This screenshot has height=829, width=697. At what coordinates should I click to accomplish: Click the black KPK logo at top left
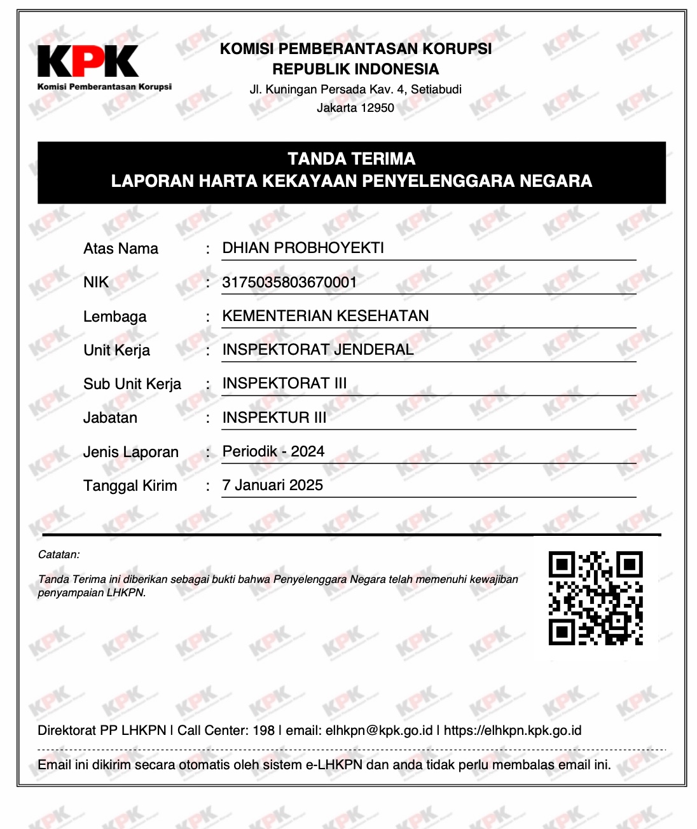(x=88, y=62)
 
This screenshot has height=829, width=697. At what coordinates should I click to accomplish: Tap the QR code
(x=595, y=598)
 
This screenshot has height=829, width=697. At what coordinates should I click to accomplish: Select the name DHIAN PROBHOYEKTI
(x=303, y=248)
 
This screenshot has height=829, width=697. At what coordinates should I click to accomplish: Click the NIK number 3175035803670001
(x=289, y=282)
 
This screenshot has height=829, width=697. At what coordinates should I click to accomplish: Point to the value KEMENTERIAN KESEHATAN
(x=325, y=316)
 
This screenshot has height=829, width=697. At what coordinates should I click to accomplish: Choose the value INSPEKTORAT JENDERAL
(x=317, y=350)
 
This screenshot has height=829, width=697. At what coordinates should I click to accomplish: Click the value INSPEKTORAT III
(x=284, y=383)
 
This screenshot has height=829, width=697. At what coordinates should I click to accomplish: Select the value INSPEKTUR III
(x=274, y=418)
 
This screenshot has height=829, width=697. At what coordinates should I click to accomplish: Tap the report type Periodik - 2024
(x=273, y=451)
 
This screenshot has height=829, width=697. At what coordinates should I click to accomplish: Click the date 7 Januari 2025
(x=272, y=485)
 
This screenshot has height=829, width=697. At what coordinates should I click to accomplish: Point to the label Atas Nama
(x=121, y=249)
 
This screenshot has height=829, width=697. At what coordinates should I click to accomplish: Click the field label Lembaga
(x=114, y=317)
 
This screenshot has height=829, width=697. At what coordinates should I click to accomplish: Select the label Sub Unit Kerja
(x=132, y=384)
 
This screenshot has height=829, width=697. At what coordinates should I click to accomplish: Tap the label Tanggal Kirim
(x=130, y=486)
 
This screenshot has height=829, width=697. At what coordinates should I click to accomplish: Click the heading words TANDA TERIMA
(x=351, y=159)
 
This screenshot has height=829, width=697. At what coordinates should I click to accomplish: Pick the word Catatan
(x=59, y=554)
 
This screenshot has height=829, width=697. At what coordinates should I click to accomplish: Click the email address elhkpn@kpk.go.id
(x=379, y=730)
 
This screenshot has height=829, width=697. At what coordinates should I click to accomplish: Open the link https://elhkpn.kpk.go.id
(x=513, y=730)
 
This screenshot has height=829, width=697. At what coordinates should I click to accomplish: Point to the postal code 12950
(x=377, y=108)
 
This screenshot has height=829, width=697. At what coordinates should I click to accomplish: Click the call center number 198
(x=263, y=730)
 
